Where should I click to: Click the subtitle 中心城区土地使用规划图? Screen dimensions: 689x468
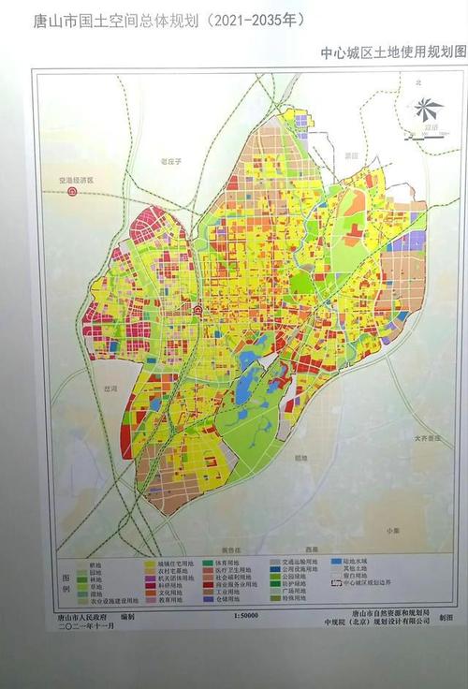click(x=392, y=54)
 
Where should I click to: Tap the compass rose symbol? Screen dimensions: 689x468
click(x=430, y=108)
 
